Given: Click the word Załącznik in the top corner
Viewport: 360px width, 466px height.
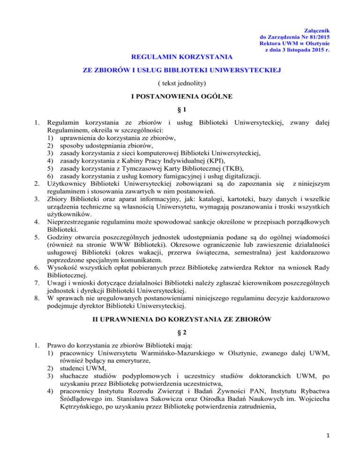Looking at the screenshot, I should pyautogui.click(x=320, y=29).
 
